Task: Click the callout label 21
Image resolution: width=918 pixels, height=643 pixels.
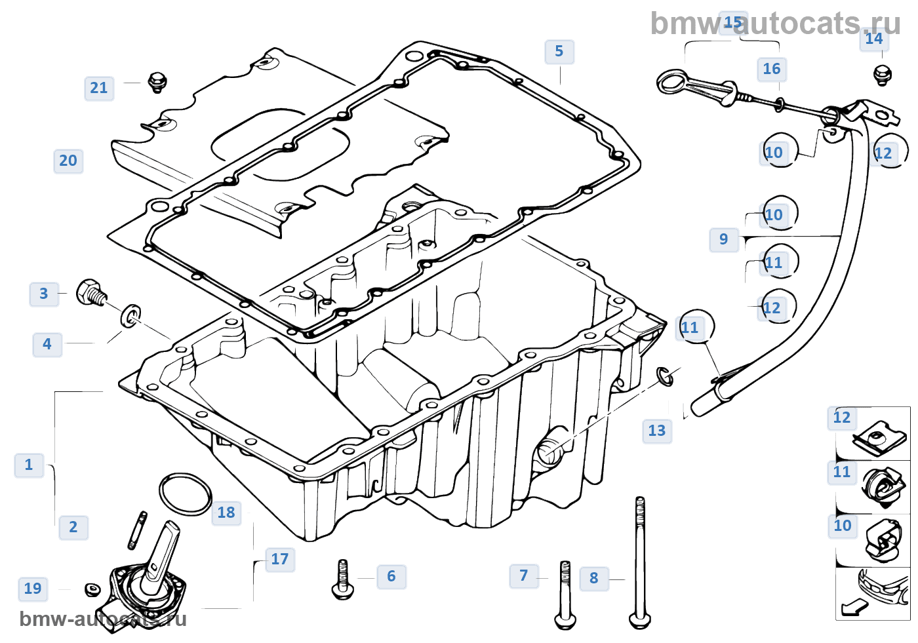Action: point(99,88)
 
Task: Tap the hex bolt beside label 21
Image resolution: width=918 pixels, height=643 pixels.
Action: point(157,82)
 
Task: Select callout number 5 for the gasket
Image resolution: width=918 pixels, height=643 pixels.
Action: point(559,51)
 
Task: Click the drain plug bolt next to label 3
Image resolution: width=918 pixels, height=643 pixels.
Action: point(90,293)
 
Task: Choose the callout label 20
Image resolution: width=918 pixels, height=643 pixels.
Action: point(68,161)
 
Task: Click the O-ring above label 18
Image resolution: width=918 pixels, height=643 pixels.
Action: point(186,494)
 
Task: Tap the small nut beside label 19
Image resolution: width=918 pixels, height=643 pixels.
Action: point(92,589)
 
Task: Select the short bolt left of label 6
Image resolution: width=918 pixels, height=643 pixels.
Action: point(343,579)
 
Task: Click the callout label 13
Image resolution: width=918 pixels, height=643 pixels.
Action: point(656,431)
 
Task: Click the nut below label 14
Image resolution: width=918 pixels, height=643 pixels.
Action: point(883,75)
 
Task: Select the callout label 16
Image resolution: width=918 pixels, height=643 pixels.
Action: point(772,69)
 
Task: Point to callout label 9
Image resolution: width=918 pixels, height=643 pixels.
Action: point(723,239)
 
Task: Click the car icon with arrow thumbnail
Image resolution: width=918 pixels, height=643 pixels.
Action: point(873,594)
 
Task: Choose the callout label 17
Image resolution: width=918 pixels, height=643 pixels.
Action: point(279,559)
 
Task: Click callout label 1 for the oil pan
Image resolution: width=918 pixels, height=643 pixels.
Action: point(29,465)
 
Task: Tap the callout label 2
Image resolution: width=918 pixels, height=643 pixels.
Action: point(73,527)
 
